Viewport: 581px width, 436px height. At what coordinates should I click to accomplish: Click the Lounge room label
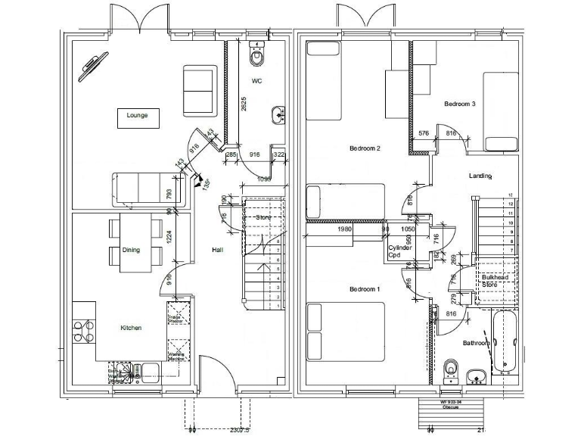(x=137, y=116)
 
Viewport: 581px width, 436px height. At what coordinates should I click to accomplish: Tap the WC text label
(x=256, y=80)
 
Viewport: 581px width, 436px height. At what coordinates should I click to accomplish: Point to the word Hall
(x=218, y=250)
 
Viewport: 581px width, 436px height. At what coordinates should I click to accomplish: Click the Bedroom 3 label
(x=459, y=104)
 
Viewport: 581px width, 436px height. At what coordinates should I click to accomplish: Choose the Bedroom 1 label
(x=364, y=290)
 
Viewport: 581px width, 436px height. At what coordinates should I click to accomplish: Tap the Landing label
(x=480, y=176)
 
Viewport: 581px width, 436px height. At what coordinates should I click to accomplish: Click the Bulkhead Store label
(x=496, y=281)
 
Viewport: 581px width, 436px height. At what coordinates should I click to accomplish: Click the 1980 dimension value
(x=345, y=229)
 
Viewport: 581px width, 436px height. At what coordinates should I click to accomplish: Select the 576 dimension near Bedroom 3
(x=424, y=134)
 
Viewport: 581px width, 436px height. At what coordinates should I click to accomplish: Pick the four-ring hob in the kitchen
(x=84, y=333)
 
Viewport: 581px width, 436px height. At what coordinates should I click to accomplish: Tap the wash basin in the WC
(x=278, y=114)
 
